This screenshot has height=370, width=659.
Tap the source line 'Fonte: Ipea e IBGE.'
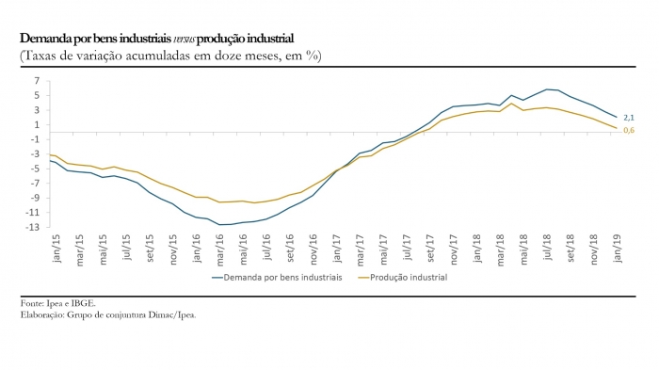[58, 304]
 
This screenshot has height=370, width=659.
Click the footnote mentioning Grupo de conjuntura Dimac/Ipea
[108, 314]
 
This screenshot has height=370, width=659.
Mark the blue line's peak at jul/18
[547, 89]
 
